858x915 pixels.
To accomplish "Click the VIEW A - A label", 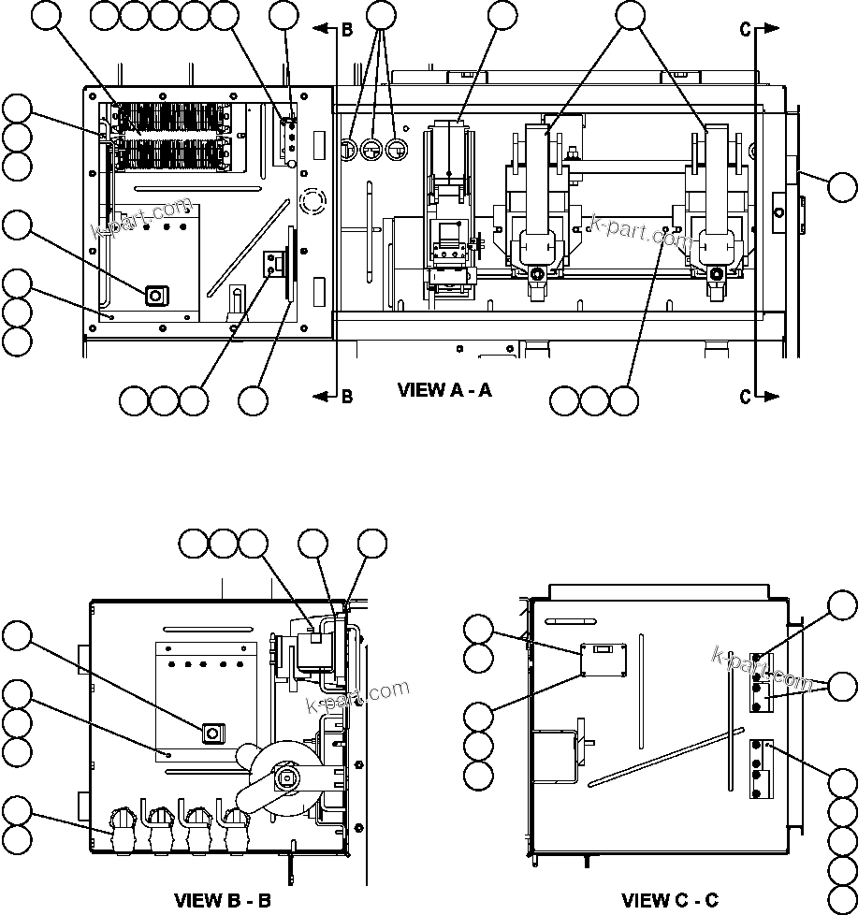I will click(444, 390).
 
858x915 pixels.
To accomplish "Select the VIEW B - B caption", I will click(223, 901).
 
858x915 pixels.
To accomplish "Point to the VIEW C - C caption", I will click(670, 901).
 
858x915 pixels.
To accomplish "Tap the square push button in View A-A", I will click(155, 297).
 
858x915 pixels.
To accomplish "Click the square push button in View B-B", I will click(211, 732).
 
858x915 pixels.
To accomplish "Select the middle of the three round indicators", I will click(372, 148).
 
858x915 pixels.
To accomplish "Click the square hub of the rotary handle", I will click(286, 777).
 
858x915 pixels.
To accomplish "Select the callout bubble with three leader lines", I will click(380, 15).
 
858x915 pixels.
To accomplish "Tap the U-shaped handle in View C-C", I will click(557, 756).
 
